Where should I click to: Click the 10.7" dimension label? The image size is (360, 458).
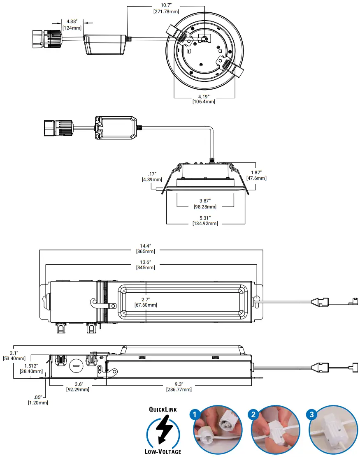coord(166,5)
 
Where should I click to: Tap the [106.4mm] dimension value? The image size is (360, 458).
coord(204,102)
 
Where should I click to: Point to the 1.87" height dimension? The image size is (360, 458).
coord(256,173)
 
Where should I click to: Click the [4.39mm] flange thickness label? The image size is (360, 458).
coord(152,179)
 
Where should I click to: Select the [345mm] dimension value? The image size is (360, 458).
coord(146,268)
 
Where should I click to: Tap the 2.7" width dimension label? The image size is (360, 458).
coord(146,299)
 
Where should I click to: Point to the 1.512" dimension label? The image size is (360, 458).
coord(30,365)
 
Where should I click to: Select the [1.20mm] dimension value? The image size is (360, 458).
coord(38,402)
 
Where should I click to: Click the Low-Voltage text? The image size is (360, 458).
coord(163,452)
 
